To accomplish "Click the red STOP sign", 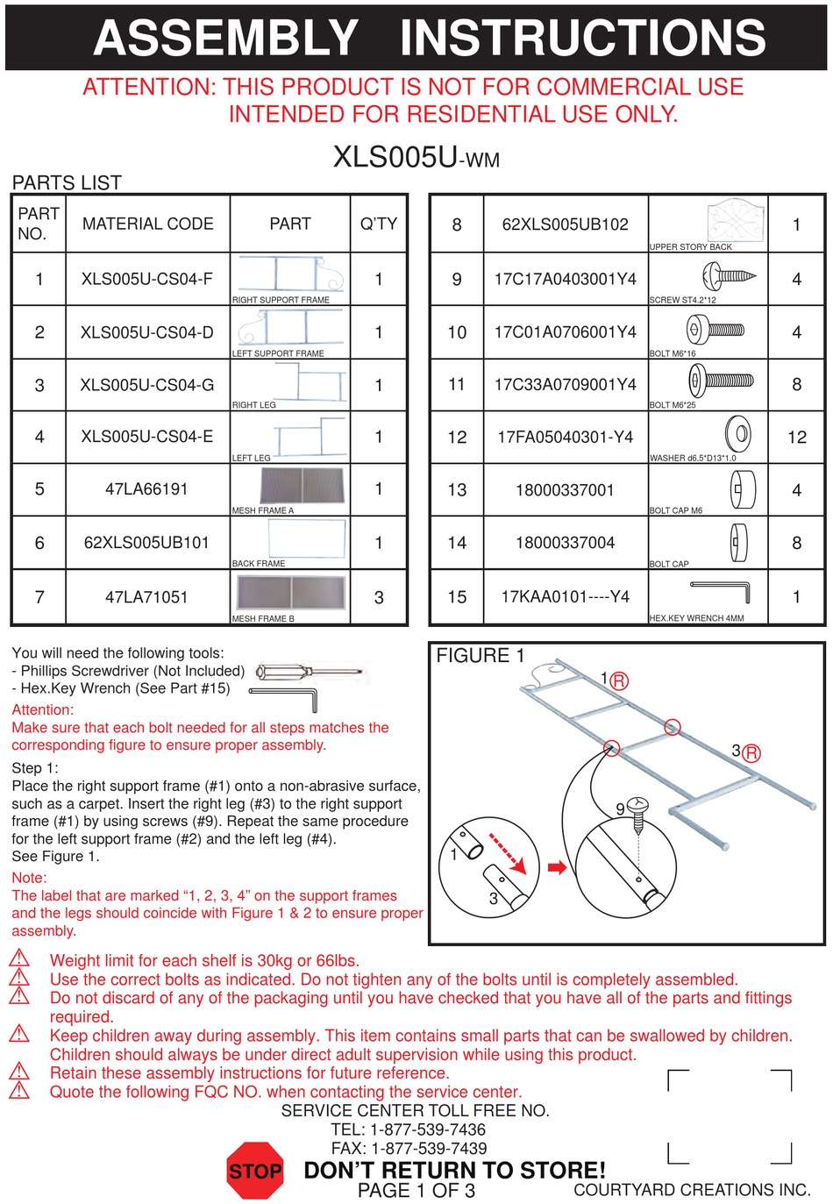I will click(255, 1171).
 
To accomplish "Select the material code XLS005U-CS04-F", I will click(147, 279).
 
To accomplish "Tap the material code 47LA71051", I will click(146, 597).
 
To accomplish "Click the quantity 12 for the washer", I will click(796, 437).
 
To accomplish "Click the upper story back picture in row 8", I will click(735, 220).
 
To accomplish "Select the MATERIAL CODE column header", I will click(147, 224).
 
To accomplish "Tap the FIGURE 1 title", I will click(480, 656).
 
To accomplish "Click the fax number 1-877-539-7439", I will click(429, 1148).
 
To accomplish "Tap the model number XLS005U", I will click(395, 157).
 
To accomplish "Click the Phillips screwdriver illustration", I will click(309, 673).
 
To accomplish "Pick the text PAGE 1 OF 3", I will click(416, 1191).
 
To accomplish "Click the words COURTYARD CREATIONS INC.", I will click(692, 1190).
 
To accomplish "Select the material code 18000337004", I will click(565, 543).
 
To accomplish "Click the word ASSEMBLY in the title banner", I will click(226, 38).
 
